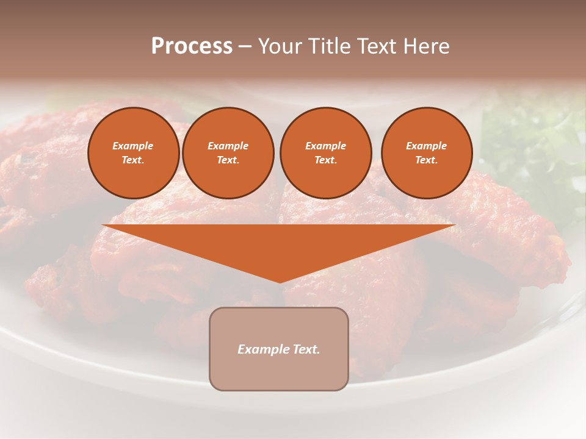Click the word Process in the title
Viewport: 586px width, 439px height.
coord(192,46)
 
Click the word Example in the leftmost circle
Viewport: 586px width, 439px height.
coord(133,146)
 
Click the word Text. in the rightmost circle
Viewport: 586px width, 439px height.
coord(427,160)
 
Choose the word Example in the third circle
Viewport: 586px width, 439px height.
coord(325,146)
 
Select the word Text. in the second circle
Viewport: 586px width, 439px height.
coord(228,160)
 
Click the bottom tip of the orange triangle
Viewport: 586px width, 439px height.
coord(280,281)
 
